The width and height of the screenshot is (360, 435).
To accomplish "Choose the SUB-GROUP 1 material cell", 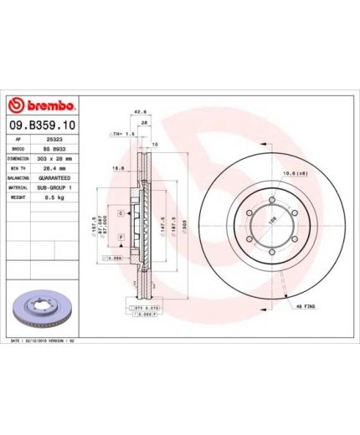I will click(x=56, y=189).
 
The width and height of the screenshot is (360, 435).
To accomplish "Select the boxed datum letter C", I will click(x=121, y=214).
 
